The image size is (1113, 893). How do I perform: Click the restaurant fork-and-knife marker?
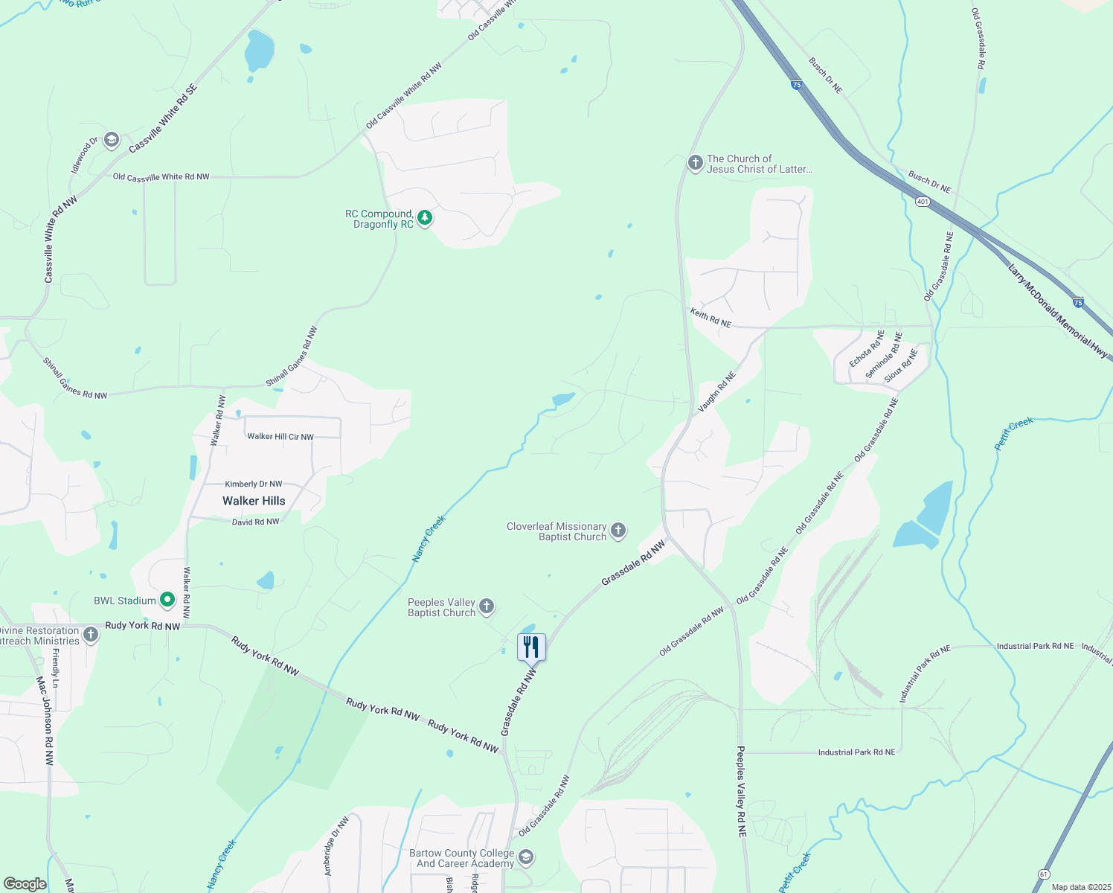pyautogui.click(x=531, y=646)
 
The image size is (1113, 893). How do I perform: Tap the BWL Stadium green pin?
pyautogui.click(x=167, y=600)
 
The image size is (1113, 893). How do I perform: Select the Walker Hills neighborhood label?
pyautogui.click(x=254, y=501)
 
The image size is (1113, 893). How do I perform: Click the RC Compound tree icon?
pyautogui.click(x=425, y=218)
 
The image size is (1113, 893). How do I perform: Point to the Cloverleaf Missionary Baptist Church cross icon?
pyautogui.click(x=618, y=531)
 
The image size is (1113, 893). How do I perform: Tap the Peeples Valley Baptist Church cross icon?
pyautogui.click(x=487, y=606)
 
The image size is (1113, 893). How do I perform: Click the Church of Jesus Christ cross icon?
pyautogui.click(x=695, y=163)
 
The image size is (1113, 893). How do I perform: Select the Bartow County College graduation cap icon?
pyautogui.click(x=526, y=857)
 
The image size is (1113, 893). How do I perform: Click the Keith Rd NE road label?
pyautogui.click(x=711, y=319)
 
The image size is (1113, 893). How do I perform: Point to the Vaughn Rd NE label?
pyautogui.click(x=716, y=392)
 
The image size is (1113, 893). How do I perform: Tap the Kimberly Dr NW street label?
pyautogui.click(x=254, y=484)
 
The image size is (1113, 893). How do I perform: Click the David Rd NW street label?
pyautogui.click(x=255, y=522)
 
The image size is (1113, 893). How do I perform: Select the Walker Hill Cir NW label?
pyautogui.click(x=280, y=436)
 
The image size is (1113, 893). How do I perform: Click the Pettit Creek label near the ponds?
pyautogui.click(x=1014, y=434)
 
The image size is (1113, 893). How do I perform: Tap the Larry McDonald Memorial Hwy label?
pyautogui.click(x=1056, y=312)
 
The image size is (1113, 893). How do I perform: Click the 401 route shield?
pyautogui.click(x=923, y=202)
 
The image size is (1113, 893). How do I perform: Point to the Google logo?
pyautogui.click(x=25, y=884)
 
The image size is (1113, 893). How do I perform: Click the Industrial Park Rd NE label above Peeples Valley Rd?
pyautogui.click(x=856, y=752)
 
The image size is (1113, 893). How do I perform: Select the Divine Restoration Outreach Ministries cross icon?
pyautogui.click(x=91, y=635)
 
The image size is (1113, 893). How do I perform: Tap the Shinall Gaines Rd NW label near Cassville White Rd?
pyautogui.click(x=74, y=379)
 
